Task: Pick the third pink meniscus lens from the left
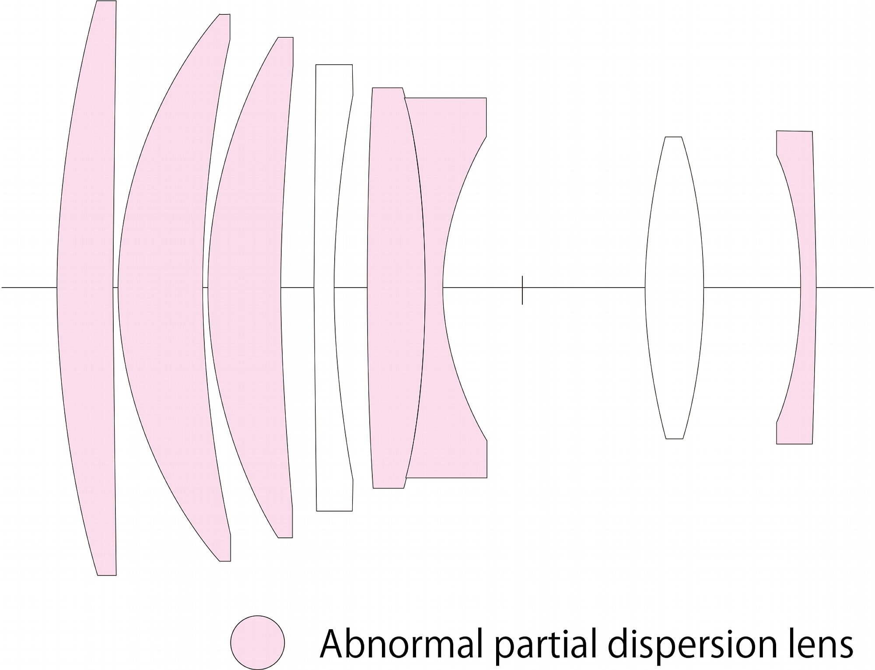click(x=245, y=288)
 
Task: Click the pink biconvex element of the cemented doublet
click(x=396, y=288)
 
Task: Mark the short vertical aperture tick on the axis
click(x=522, y=290)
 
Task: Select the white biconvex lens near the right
click(x=674, y=288)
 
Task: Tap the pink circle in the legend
click(x=258, y=642)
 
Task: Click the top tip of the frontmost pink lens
click(x=106, y=1)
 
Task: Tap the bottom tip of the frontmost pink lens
click(x=107, y=575)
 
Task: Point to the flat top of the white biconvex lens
click(x=674, y=137)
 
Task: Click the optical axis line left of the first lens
click(x=29, y=288)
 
